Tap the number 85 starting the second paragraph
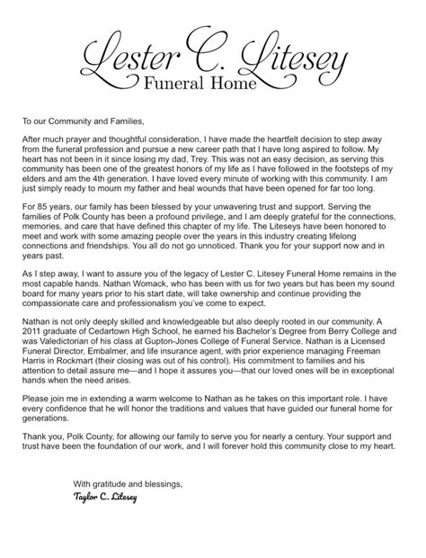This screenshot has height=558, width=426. coord(53,206)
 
